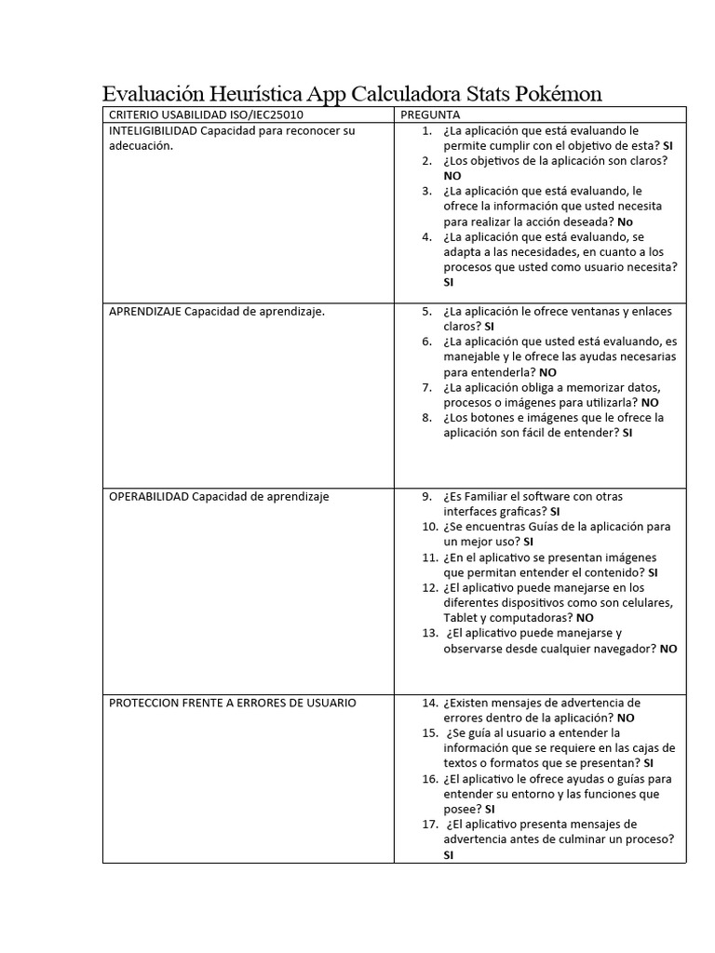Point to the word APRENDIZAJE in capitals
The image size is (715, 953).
(144, 312)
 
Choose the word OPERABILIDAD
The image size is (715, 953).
(149, 497)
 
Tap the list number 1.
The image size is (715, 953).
(426, 131)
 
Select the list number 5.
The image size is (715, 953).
(426, 312)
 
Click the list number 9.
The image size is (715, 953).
(426, 497)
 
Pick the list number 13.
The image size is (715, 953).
(429, 633)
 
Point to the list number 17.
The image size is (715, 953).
(429, 825)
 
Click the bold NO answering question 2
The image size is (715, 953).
(452, 176)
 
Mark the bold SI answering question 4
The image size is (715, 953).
(449, 282)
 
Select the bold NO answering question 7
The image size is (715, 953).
(650, 403)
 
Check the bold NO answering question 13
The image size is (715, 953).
(668, 649)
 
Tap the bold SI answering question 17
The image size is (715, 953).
(449, 854)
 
